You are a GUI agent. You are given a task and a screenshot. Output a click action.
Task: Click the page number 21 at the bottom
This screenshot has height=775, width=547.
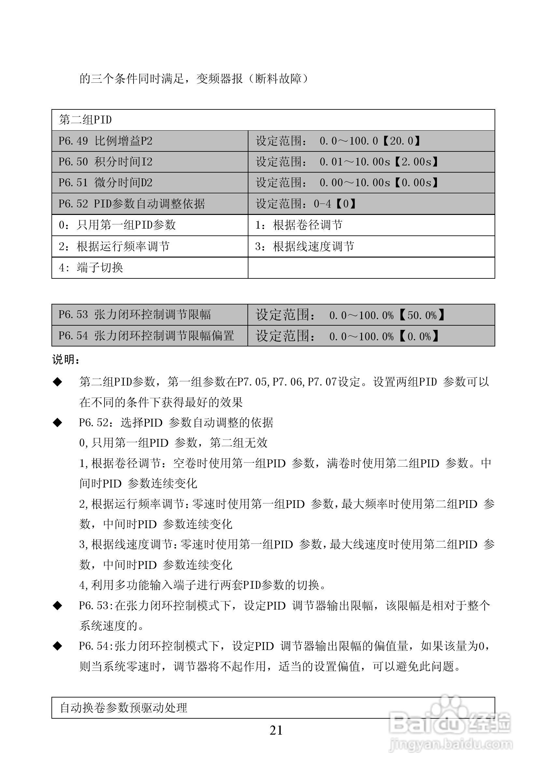(x=276, y=730)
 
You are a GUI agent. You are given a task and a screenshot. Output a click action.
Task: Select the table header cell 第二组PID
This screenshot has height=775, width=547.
(x=85, y=120)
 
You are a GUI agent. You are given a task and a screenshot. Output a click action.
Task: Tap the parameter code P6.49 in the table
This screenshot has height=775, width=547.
(x=73, y=141)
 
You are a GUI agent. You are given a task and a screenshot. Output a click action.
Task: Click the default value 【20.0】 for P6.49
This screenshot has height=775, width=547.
(x=401, y=141)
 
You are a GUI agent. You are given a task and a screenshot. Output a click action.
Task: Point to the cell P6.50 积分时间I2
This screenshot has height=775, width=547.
(x=105, y=162)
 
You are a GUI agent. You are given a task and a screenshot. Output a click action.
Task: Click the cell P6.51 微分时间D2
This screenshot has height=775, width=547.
(x=105, y=183)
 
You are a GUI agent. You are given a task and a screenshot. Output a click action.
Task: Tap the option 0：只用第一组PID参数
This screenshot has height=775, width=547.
(x=117, y=225)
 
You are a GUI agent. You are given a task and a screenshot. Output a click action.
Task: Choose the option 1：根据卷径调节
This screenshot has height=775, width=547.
(x=299, y=225)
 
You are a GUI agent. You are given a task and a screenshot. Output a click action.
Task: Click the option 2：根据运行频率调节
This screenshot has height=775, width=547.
(x=114, y=247)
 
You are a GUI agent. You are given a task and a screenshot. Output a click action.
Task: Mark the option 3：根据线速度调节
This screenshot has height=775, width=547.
(x=305, y=247)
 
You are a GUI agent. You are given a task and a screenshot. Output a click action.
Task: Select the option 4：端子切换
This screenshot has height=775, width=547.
(x=91, y=268)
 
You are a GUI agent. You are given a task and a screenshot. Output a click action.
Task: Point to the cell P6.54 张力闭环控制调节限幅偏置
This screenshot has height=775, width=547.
(x=146, y=336)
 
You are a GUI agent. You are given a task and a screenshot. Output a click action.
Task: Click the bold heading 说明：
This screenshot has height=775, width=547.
(x=66, y=360)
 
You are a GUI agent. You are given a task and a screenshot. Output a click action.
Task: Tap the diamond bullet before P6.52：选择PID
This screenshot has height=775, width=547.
(x=58, y=423)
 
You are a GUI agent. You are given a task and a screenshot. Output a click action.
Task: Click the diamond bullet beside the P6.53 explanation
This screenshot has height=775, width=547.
(x=58, y=606)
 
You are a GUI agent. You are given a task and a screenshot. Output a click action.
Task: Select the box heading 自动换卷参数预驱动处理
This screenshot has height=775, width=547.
(x=123, y=708)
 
